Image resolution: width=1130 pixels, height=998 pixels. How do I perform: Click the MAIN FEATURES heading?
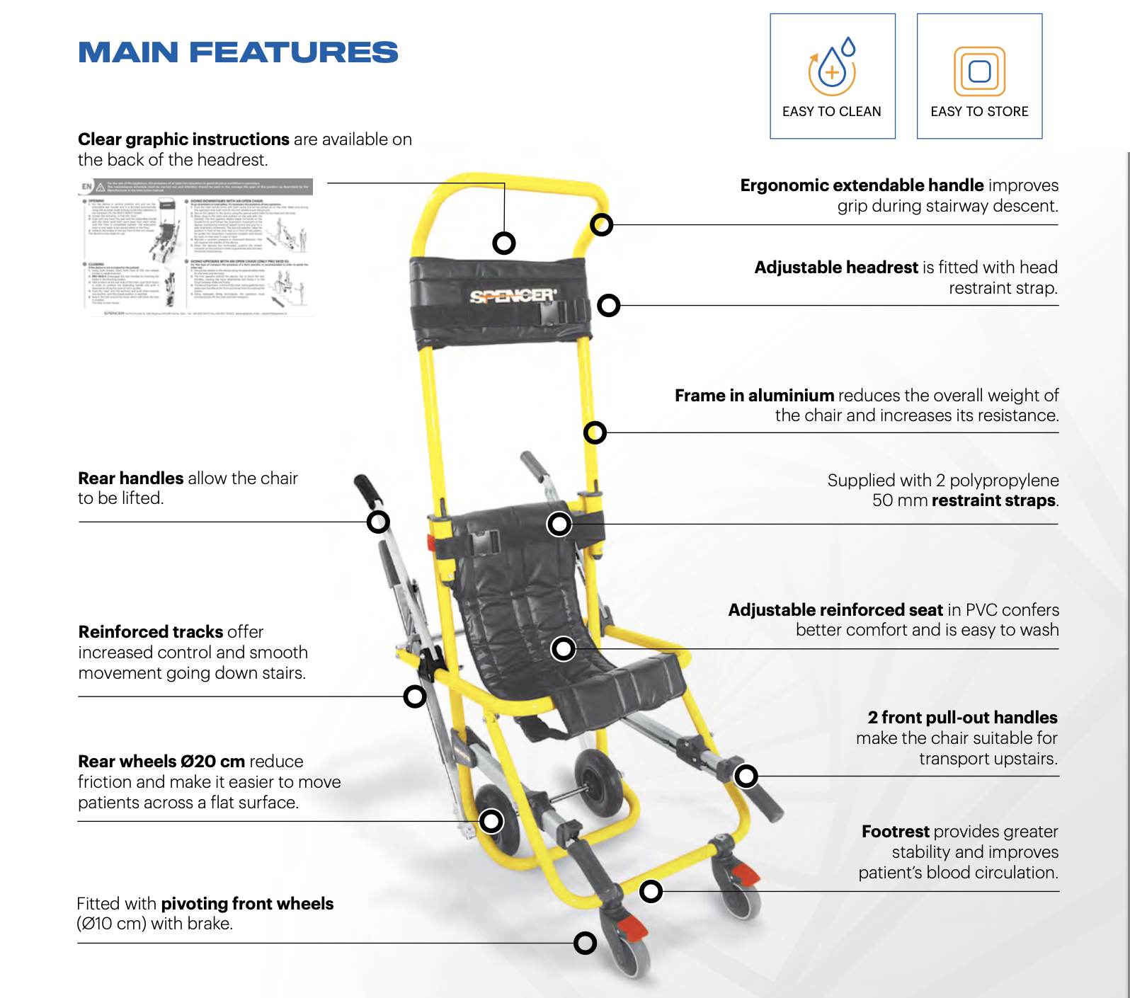pos(238,52)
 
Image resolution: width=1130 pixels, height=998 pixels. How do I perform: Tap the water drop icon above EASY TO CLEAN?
pos(833,68)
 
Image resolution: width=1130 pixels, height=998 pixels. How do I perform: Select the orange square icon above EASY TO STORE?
pos(979,71)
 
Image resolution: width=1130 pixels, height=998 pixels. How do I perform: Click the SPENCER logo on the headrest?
pos(513,296)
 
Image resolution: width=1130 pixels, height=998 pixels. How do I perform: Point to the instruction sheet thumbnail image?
pos(195,247)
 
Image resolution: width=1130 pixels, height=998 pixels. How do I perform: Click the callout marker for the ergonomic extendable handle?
pos(602,225)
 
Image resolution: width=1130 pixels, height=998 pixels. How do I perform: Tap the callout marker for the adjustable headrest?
pos(609,306)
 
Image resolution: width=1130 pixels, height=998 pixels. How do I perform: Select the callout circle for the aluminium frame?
pos(595,432)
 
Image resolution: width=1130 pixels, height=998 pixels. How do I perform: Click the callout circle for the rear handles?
pos(378,522)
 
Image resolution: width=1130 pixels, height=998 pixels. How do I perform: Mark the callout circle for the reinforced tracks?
pos(415,696)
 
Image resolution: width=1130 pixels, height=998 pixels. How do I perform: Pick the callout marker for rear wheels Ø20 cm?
pos(491,821)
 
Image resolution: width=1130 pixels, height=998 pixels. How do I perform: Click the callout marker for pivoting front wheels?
pos(585,943)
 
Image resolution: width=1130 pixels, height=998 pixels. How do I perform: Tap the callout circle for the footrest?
pos(651,891)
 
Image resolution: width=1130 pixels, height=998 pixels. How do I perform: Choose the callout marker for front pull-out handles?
pos(746,776)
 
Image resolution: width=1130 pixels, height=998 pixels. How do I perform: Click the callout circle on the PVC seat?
pos(563,648)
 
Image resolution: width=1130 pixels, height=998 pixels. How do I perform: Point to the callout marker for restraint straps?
pos(559,524)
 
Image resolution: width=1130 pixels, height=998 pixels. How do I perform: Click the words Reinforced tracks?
pos(151,631)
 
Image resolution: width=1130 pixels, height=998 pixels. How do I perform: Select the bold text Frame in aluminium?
pos(754,395)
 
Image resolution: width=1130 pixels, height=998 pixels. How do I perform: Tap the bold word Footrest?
pos(895,832)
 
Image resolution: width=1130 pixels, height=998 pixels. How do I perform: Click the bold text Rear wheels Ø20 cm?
pos(161,762)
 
